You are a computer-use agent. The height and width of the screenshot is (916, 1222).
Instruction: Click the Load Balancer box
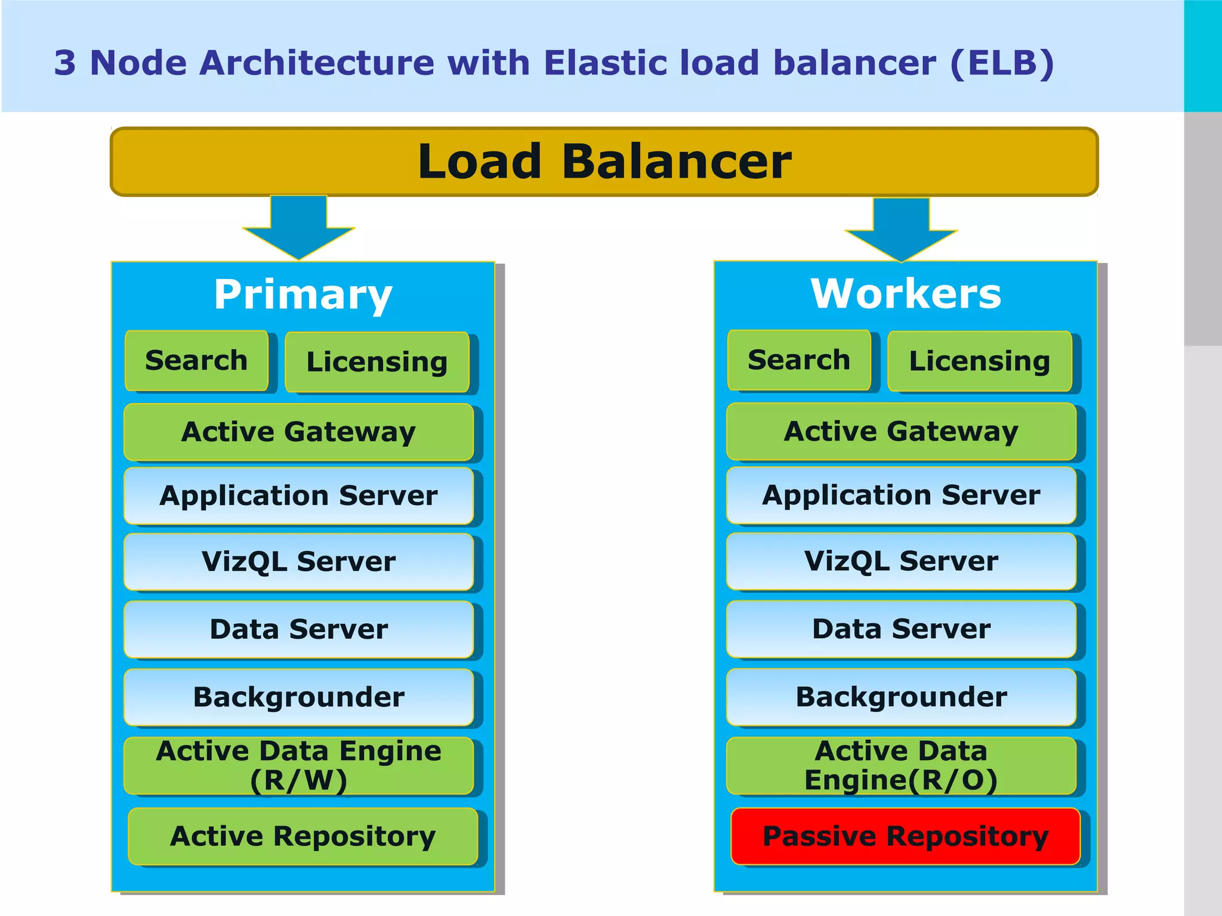[604, 162]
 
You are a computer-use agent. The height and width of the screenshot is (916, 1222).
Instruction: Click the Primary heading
[303, 295]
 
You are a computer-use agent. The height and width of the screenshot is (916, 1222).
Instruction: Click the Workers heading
[905, 294]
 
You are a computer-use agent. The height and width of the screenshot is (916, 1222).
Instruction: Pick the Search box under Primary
[196, 361]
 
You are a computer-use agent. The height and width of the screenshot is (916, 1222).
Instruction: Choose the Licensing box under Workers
[979, 361]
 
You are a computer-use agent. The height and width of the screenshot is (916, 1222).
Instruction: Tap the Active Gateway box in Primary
[298, 432]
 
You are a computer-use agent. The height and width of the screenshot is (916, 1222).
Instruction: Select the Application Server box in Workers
[901, 495]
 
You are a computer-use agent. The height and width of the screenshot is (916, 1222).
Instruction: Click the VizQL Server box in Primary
[298, 561]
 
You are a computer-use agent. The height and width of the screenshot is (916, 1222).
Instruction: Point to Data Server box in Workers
[901, 629]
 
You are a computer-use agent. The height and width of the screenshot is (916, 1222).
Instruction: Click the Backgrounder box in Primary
[298, 697]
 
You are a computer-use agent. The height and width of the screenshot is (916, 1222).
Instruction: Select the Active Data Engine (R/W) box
[298, 766]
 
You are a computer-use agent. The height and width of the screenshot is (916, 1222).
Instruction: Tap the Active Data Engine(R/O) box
[901, 766]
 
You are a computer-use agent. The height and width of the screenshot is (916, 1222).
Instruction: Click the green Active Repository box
[303, 836]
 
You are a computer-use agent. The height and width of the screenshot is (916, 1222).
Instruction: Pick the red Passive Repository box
[905, 836]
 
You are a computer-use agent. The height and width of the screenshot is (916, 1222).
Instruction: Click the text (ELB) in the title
[1002, 63]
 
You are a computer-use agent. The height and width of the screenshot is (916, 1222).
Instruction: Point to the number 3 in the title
[65, 63]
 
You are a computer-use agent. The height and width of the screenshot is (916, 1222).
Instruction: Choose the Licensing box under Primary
[377, 362]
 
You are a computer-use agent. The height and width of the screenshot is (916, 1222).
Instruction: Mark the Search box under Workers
[798, 360]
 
